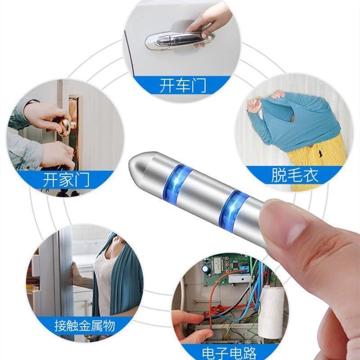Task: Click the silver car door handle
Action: (x=180, y=40)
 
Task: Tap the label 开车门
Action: (x=183, y=85)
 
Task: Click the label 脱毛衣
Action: (x=295, y=175)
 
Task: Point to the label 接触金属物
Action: (x=85, y=325)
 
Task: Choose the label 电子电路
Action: (x=229, y=353)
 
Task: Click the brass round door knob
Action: (x=65, y=127)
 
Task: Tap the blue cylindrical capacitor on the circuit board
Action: (x=205, y=269)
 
